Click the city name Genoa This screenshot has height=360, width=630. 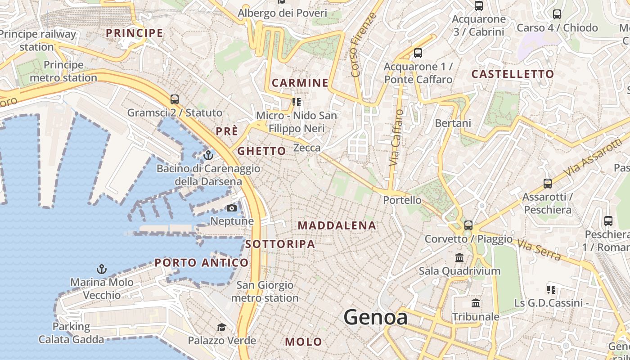(x=376, y=317)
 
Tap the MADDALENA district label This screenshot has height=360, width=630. (x=337, y=225)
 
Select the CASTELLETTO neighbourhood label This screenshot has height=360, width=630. (x=513, y=74)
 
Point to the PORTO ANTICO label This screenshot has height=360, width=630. (x=201, y=263)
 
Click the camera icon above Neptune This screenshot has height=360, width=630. (x=232, y=208)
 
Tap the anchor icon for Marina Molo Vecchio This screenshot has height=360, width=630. (x=102, y=269)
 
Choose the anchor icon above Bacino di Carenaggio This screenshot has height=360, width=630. (x=208, y=156)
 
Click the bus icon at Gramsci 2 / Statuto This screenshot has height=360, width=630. (x=175, y=99)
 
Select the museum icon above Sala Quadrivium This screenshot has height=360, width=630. (x=459, y=258)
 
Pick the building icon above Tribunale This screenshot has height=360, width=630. (x=476, y=303)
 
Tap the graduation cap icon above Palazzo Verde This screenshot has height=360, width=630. (x=221, y=327)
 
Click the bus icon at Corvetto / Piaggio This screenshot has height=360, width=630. (x=468, y=225)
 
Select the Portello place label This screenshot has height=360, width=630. (x=402, y=200)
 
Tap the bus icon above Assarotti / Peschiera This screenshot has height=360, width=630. (x=548, y=184)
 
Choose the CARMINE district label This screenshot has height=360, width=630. (x=300, y=83)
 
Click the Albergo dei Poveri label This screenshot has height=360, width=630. (x=282, y=13)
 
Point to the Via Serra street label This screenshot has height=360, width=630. (x=539, y=250)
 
